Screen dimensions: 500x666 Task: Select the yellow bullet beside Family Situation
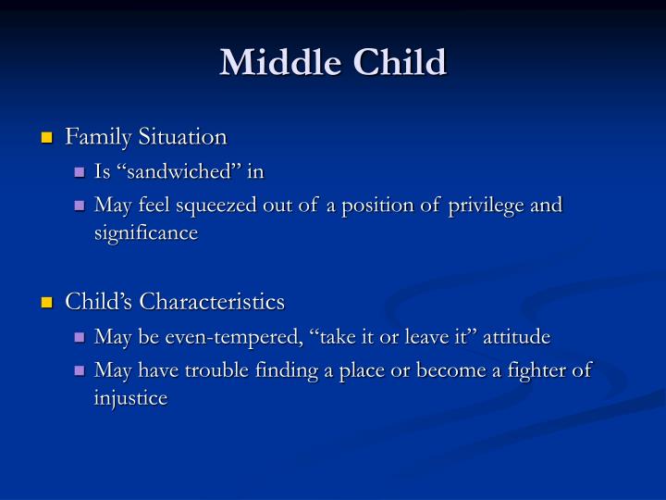coord(46,139)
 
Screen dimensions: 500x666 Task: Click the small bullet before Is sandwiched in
coord(80,172)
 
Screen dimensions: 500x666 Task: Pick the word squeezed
coord(221,205)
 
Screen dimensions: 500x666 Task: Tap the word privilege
coord(480,205)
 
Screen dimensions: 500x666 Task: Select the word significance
coord(146,232)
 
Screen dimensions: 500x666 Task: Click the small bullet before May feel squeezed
coord(80,206)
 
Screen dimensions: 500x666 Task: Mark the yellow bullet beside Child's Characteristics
coord(46,304)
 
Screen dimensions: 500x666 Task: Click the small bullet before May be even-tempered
coord(80,338)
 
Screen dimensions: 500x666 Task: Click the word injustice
coord(130,398)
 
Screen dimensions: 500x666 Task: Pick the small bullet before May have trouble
coord(80,371)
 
